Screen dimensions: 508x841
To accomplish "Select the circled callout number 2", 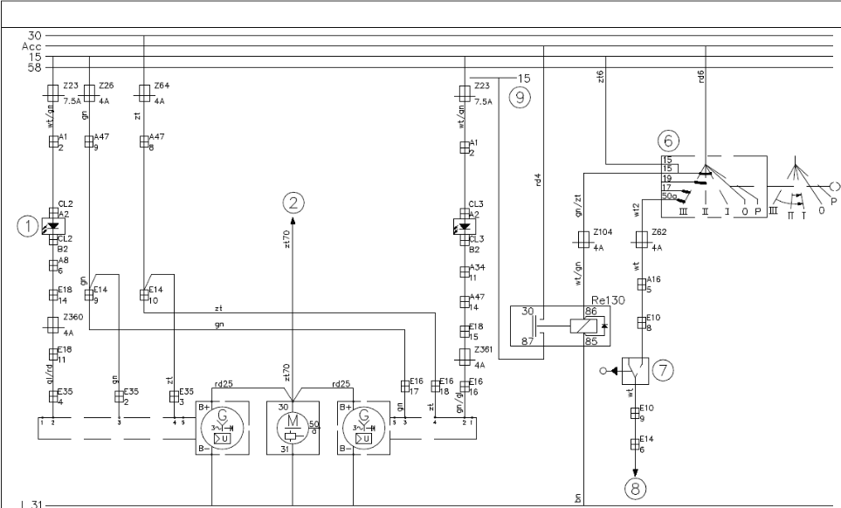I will pos(293,203).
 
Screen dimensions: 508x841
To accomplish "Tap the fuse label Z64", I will pos(162,86).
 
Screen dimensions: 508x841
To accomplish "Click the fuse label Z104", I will pos(602,234).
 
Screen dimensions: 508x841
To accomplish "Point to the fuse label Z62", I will pos(659,234).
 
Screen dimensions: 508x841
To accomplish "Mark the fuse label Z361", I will pos(483,349).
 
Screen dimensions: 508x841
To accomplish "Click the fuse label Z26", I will pos(107,86).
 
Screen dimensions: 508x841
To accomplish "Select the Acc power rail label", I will pos(33,45).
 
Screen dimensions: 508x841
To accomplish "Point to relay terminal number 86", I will pos(589,311).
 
